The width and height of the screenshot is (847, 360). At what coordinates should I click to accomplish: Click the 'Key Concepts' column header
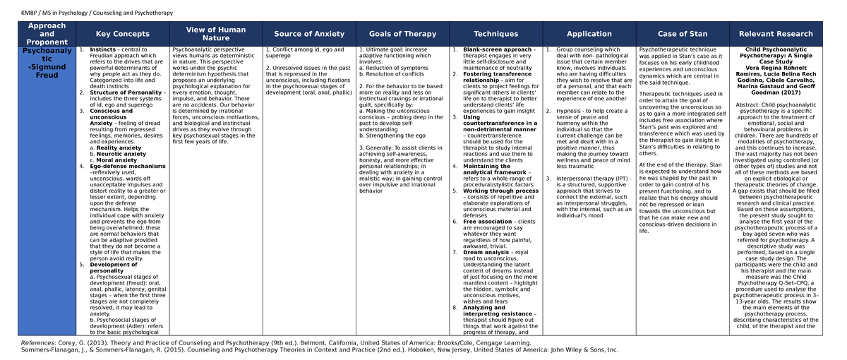pyautogui.click(x=123, y=34)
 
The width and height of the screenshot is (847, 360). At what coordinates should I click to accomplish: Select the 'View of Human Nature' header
pyautogui.click(x=216, y=34)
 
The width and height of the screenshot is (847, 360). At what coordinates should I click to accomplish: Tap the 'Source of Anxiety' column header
pyautogui.click(x=309, y=34)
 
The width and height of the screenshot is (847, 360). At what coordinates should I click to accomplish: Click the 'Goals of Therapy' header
pyautogui.click(x=402, y=34)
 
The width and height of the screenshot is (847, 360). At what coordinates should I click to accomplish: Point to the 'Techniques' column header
pyautogui.click(x=495, y=34)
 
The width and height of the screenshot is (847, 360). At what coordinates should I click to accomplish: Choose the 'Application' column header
pyautogui.click(x=589, y=34)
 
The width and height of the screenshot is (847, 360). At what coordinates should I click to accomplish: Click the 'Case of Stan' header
pyautogui.click(x=683, y=34)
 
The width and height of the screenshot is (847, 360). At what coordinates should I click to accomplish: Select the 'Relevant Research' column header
pyautogui.click(x=776, y=34)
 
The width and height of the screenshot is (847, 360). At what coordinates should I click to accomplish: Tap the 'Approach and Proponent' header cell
pyautogui.click(x=47, y=34)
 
